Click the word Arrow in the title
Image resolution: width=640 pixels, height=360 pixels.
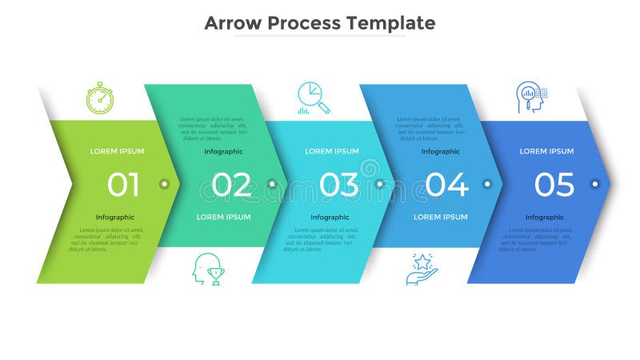pos(233,22)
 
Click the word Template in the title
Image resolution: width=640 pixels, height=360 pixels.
pos(391,22)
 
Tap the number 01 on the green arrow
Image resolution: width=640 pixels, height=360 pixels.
pos(123,185)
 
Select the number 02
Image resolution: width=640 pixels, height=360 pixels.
pos(231,185)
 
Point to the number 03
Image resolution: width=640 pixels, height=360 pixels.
pos(338,185)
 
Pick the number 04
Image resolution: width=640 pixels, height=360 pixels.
pos(446,185)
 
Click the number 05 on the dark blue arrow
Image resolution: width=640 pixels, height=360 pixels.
pos(554,185)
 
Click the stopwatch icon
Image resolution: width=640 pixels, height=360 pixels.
pos(100,98)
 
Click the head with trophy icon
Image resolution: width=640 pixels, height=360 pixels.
pos(207,270)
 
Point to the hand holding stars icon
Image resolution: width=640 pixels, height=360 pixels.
pos(422,270)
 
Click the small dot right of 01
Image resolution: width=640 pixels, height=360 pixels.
pos(164,184)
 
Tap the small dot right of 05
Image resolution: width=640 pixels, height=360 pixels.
pos(594,184)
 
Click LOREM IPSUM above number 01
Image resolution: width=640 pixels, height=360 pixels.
pos(118,151)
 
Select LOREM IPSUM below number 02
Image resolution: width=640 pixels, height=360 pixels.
pos(223,217)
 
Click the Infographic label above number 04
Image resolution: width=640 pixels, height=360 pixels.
pos(441,151)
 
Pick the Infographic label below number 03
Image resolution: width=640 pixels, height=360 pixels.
pos(330,217)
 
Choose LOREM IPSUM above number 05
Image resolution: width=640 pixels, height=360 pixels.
pos(546,151)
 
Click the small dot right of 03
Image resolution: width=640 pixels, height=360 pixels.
pos(379,184)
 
